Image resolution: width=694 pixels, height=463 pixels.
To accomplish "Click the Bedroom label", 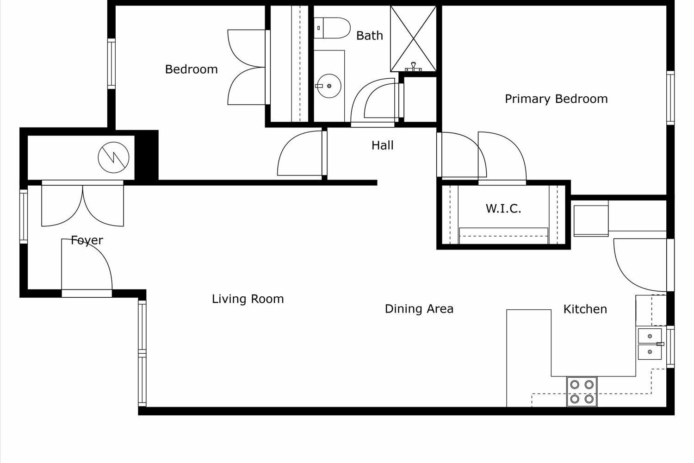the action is pos(191,69).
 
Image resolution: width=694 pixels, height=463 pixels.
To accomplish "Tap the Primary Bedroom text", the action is pos(556,99).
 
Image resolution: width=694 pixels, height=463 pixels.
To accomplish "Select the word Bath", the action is pos(370,36).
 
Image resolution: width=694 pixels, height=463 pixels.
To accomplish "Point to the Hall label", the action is pos(382,145).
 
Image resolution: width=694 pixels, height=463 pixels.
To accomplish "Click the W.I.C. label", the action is pos(503,209).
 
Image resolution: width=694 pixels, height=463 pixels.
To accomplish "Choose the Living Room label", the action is pos(248,299).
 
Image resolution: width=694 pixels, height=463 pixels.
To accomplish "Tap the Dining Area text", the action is pos(419,309).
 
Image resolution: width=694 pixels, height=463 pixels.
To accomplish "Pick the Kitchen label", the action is pos(585,309).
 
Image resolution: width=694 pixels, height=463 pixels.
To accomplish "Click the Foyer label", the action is pos(87,240).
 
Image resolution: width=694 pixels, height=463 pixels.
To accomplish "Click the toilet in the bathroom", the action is pos(332,28).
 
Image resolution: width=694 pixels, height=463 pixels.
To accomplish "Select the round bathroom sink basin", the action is pos(329,86).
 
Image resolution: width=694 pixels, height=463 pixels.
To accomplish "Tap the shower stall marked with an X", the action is pos(413,38).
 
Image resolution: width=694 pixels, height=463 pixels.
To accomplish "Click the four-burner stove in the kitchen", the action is pos(582,392).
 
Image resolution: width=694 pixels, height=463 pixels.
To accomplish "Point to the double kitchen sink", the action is pos(650,344).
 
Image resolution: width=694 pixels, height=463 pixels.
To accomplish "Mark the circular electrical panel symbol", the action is pos(114,157).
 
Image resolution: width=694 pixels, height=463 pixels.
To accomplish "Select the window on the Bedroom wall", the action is pos(112,63).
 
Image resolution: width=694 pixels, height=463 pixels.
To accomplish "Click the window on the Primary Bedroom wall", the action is pos(670,98).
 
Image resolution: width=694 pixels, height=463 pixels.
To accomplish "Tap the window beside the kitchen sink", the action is pos(670,347).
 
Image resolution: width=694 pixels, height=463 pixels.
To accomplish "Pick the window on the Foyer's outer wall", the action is pos(24,217).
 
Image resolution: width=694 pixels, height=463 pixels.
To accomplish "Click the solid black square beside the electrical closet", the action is pos(147,155).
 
